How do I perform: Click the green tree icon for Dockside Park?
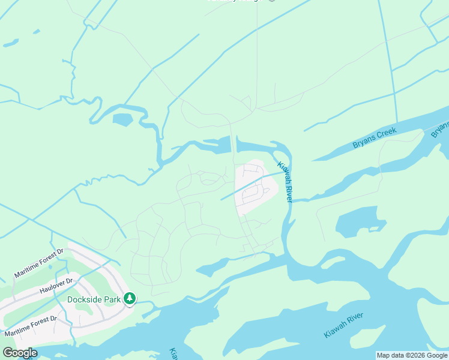[x=129, y=299]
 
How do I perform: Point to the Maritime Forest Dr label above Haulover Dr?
[x=38, y=264]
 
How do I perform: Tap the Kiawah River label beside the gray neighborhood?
[x=285, y=181]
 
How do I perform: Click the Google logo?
[x=20, y=353]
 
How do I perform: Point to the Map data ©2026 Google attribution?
[x=412, y=355]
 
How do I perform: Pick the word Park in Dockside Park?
[x=109, y=299]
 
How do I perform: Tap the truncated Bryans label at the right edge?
[x=441, y=129]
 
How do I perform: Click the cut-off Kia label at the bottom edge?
[x=173, y=354]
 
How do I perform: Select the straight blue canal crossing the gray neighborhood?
[x=249, y=186]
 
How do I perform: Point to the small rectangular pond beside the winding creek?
[x=122, y=119]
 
